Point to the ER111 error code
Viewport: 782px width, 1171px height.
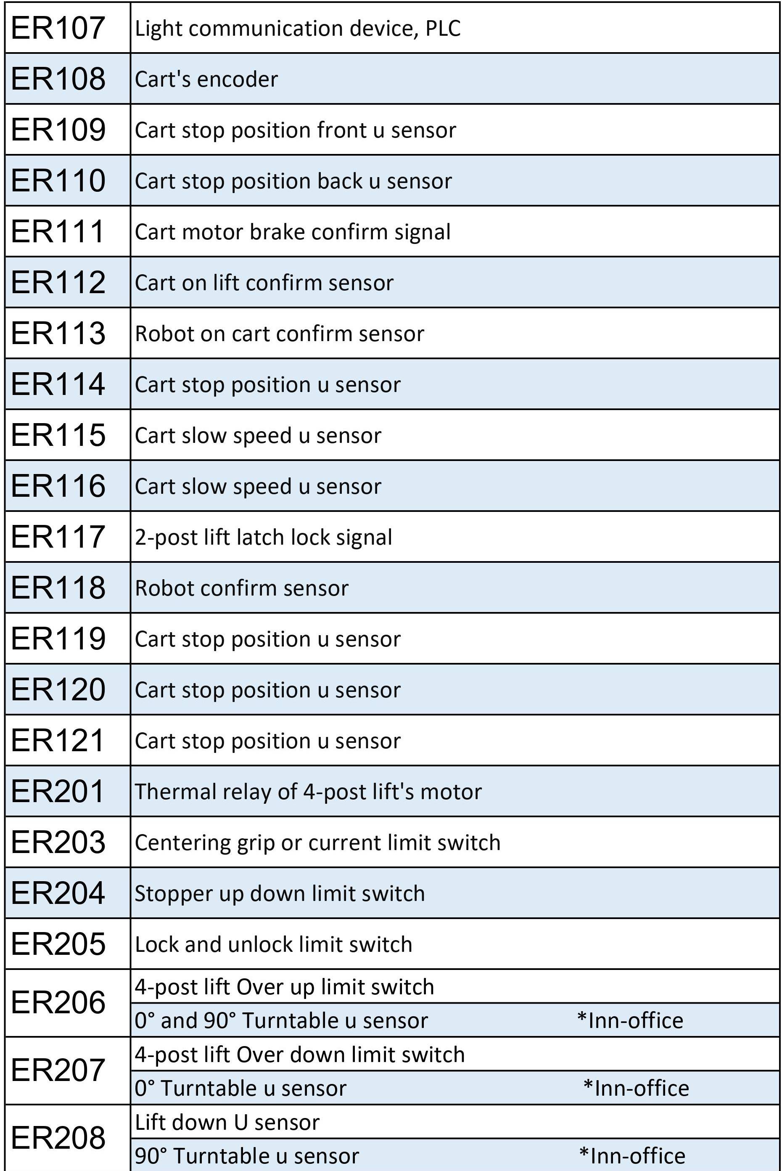coord(58,231)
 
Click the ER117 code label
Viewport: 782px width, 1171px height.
coord(58,537)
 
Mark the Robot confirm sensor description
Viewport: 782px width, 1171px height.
coord(241,588)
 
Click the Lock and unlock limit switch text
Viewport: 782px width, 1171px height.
coord(273,944)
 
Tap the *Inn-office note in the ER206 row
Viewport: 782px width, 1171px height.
coord(630,1020)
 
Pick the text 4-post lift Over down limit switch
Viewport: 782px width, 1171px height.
coord(300,1055)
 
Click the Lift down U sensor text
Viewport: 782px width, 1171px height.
coord(227,1123)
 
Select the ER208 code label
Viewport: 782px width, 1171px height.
coord(58,1138)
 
